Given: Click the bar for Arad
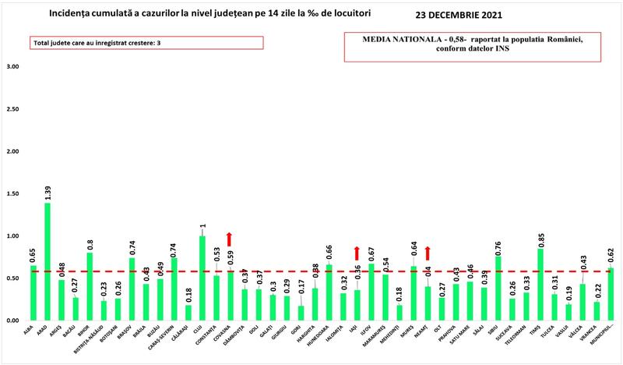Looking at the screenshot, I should point(48,261).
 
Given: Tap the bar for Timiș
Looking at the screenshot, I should point(540,284).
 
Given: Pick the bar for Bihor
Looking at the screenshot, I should point(90,286).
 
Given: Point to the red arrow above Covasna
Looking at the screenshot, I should point(230,239).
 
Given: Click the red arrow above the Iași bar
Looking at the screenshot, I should point(357,253).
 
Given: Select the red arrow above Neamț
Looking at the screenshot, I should point(427,253).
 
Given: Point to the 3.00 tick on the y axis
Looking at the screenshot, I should point(12,67).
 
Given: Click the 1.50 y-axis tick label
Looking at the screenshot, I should point(12,194).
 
